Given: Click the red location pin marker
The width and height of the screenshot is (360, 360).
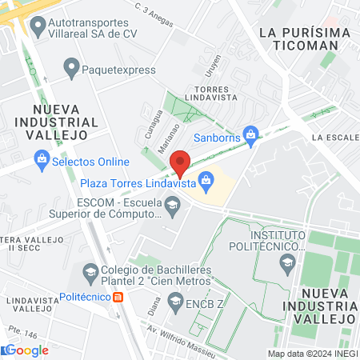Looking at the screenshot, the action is pos(180,162).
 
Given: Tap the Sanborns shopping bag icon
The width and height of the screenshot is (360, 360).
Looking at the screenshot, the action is pos(250,134).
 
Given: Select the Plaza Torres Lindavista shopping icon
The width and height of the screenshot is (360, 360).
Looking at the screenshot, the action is pos(206,182).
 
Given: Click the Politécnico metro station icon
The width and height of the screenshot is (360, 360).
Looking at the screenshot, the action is pos(118,297).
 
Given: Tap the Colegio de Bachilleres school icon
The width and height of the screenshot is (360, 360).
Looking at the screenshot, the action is pos(90,273).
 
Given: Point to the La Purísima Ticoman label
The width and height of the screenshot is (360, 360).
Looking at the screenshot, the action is pos(306,38).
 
